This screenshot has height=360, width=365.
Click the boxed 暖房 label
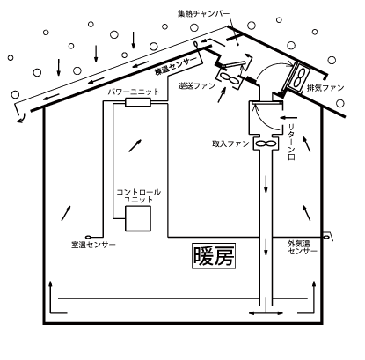(x=214, y=256)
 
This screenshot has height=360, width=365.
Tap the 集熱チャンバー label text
(x=203, y=14)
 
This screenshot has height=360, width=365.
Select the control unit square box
(x=138, y=218)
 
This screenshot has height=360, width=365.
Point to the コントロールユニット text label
(x=138, y=196)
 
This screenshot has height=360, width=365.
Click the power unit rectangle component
(x=138, y=102)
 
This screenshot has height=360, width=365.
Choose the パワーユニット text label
(x=134, y=92)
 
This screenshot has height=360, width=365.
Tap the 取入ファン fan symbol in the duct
(x=266, y=143)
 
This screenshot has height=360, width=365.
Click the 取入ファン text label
(x=230, y=143)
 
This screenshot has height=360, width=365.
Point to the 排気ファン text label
(x=325, y=87)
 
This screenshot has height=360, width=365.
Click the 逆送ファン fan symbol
(x=230, y=78)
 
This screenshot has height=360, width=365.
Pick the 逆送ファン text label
(x=197, y=86)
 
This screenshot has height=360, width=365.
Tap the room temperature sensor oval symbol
(x=88, y=237)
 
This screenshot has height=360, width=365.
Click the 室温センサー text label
(x=94, y=245)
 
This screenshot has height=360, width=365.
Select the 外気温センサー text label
(x=303, y=247)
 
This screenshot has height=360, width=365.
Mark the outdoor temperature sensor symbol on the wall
(x=326, y=237)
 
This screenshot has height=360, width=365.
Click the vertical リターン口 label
(x=291, y=142)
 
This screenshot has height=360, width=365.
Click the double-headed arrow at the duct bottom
(x=266, y=313)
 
